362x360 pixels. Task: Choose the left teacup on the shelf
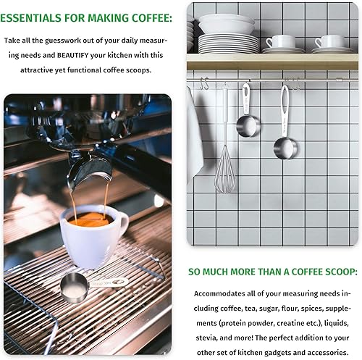(x=280, y=43)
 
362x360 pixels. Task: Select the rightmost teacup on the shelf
(x=332, y=43)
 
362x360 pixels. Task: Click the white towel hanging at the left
(x=193, y=138)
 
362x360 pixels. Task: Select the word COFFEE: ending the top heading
(x=150, y=17)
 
